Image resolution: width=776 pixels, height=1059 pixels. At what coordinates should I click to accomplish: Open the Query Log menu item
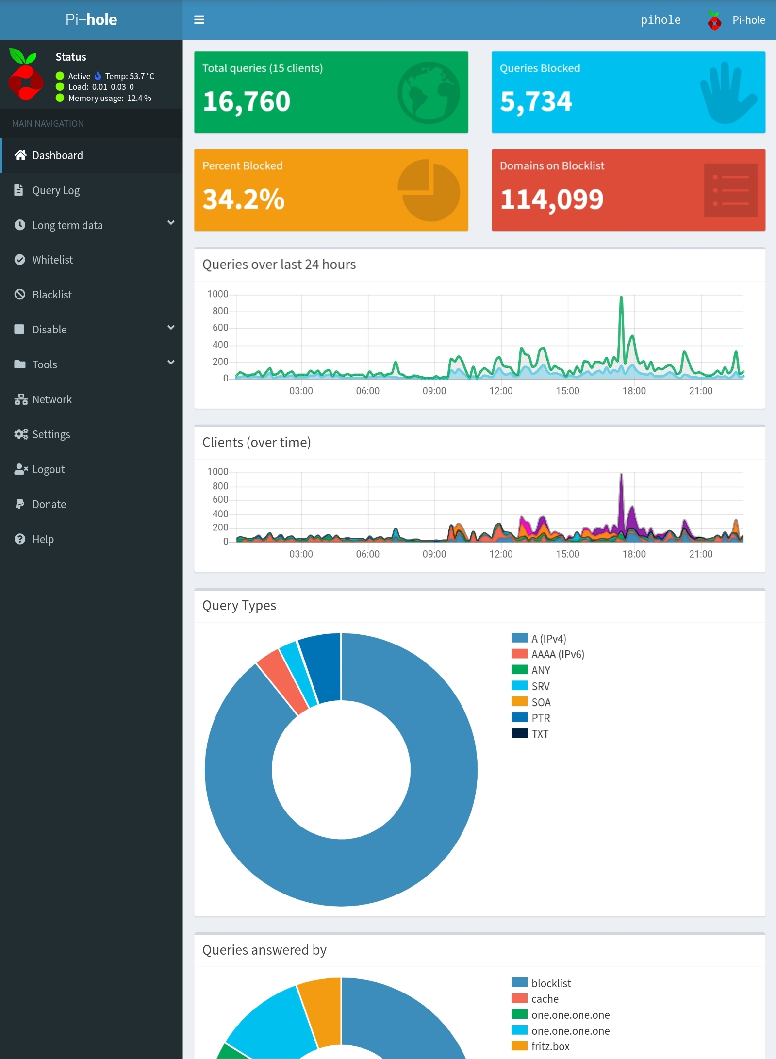[x=56, y=190]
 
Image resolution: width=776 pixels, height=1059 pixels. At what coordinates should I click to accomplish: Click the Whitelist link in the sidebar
[x=52, y=260]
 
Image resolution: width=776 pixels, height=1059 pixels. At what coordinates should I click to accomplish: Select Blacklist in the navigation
[x=52, y=295]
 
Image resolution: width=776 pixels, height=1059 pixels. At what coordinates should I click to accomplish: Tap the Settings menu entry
[x=51, y=434]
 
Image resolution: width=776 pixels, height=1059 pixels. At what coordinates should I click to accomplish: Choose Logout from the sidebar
[x=48, y=469]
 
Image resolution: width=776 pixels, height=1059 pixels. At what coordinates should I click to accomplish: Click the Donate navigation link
[x=49, y=504]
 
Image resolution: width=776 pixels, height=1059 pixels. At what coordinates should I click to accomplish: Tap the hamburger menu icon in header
[x=199, y=20]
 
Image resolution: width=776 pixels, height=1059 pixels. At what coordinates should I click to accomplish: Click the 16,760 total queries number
[x=247, y=101]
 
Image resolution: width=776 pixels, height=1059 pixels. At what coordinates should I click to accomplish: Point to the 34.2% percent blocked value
[x=244, y=199]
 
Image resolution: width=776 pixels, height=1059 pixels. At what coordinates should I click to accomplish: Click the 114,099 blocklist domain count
[x=552, y=199]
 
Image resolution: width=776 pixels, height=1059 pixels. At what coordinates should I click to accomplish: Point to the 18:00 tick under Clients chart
[x=634, y=554]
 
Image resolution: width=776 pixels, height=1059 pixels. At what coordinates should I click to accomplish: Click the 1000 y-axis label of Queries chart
[x=217, y=294]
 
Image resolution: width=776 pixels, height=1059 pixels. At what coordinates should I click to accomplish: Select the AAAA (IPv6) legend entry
[x=557, y=654]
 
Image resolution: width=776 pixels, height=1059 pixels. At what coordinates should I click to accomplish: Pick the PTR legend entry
[x=541, y=718]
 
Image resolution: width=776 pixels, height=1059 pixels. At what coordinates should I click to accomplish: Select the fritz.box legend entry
[x=550, y=1046]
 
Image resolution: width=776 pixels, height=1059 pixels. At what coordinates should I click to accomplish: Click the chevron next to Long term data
[x=171, y=223]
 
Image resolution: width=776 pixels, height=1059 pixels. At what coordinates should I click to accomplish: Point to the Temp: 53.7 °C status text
[x=130, y=76]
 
